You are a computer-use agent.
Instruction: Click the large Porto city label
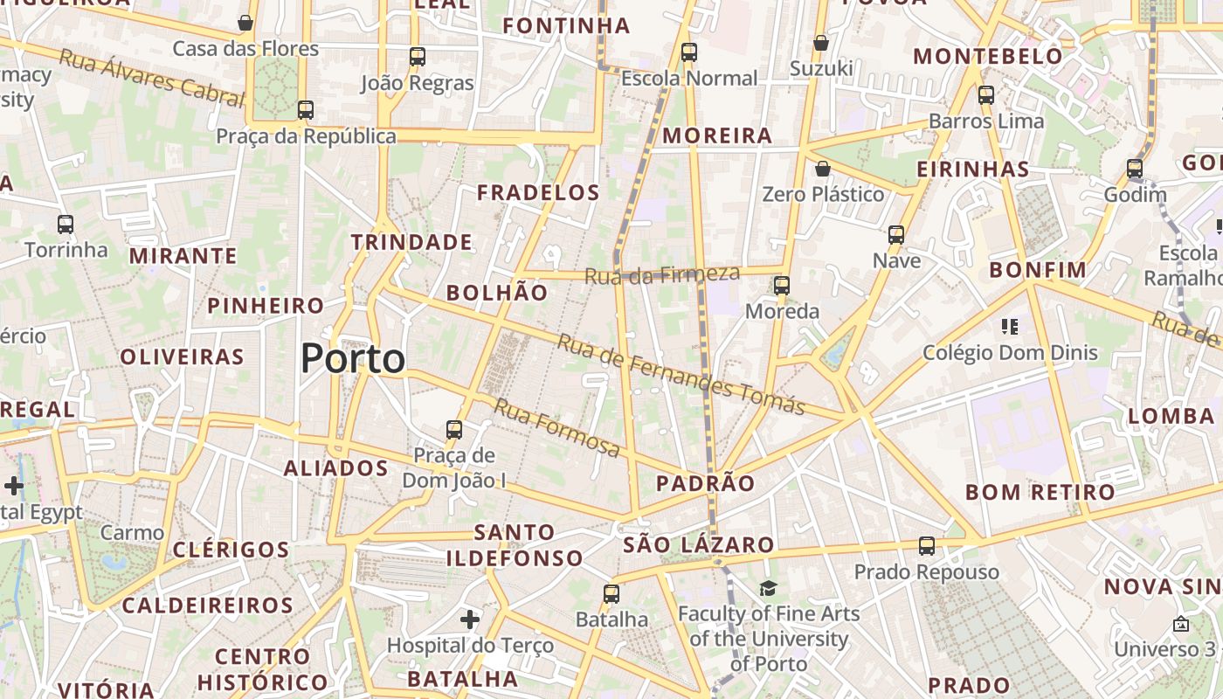(353, 358)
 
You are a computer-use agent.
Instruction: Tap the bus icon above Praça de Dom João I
(453, 430)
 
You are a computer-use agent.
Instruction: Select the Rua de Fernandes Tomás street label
(681, 373)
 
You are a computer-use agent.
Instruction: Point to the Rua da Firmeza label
(661, 275)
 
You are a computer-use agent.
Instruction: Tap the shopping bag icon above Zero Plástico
(822, 169)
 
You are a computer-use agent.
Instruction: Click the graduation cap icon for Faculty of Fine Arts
(768, 589)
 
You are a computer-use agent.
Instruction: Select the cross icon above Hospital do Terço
(470, 620)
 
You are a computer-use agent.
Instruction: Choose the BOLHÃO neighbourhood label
(497, 293)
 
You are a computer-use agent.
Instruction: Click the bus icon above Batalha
(611, 594)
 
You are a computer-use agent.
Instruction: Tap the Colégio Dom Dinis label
(1010, 353)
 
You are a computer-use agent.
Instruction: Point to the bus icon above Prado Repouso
(927, 546)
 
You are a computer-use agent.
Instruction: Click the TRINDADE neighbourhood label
(411, 242)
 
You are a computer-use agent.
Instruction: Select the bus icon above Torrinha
(66, 225)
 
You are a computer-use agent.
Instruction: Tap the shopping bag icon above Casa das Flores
(245, 23)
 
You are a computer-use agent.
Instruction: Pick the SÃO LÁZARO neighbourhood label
(699, 545)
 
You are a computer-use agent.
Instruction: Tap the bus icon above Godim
(1135, 169)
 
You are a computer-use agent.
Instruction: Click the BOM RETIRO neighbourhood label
(1040, 492)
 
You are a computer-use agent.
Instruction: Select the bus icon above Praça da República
(306, 110)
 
